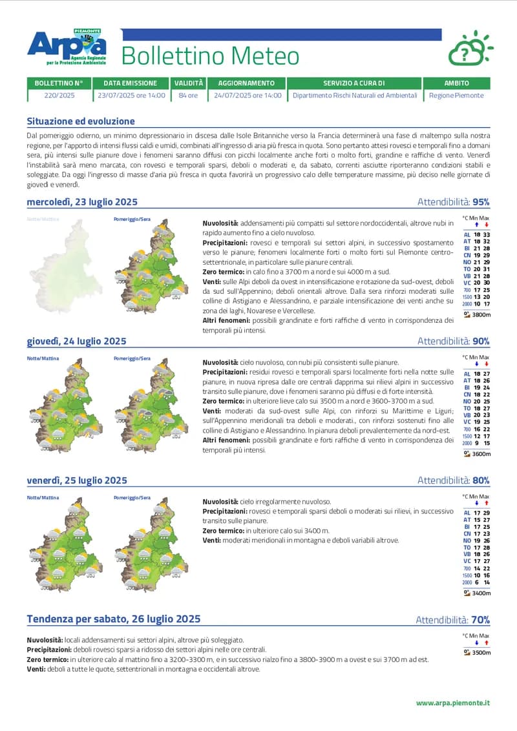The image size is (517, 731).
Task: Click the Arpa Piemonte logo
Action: click(67, 46)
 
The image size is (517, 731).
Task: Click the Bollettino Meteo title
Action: click(210, 56)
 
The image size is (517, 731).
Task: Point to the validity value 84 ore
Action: click(188, 95)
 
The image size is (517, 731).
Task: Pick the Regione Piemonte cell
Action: click(456, 95)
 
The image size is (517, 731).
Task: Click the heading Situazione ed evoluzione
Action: click(81, 121)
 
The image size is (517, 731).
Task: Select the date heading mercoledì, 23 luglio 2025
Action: click(82, 202)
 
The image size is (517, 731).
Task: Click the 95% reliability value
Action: click(481, 202)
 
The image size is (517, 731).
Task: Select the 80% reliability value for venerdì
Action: click(481, 480)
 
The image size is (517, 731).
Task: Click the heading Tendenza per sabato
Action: click(113, 619)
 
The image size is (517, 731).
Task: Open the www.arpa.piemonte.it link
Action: click(453, 703)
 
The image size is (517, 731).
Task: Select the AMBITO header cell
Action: click(456, 83)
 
